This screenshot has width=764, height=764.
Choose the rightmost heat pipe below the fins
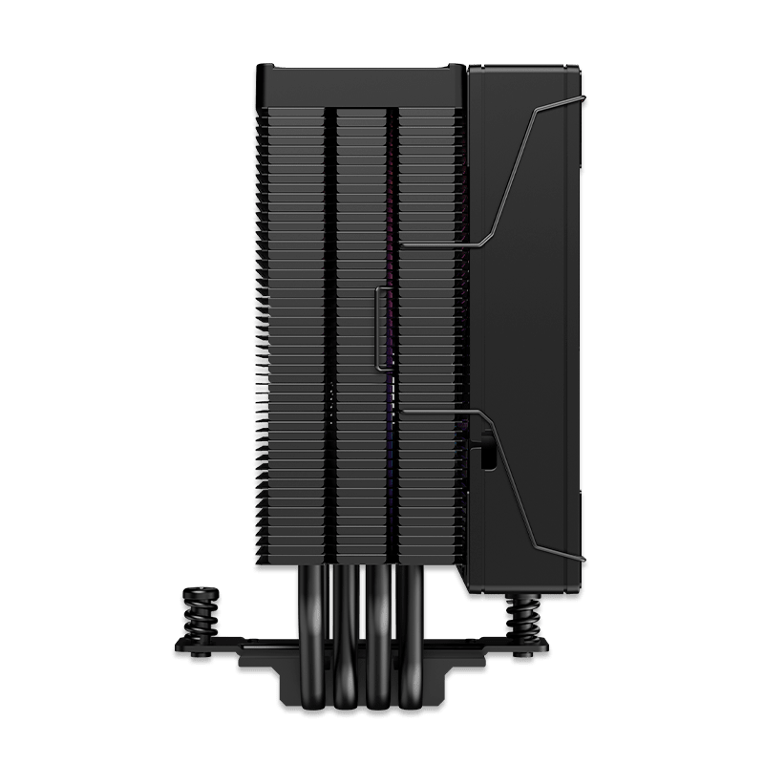click(413, 611)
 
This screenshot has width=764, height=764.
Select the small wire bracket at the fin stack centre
click(379, 325)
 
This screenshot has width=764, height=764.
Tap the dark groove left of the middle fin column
click(332, 334)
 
